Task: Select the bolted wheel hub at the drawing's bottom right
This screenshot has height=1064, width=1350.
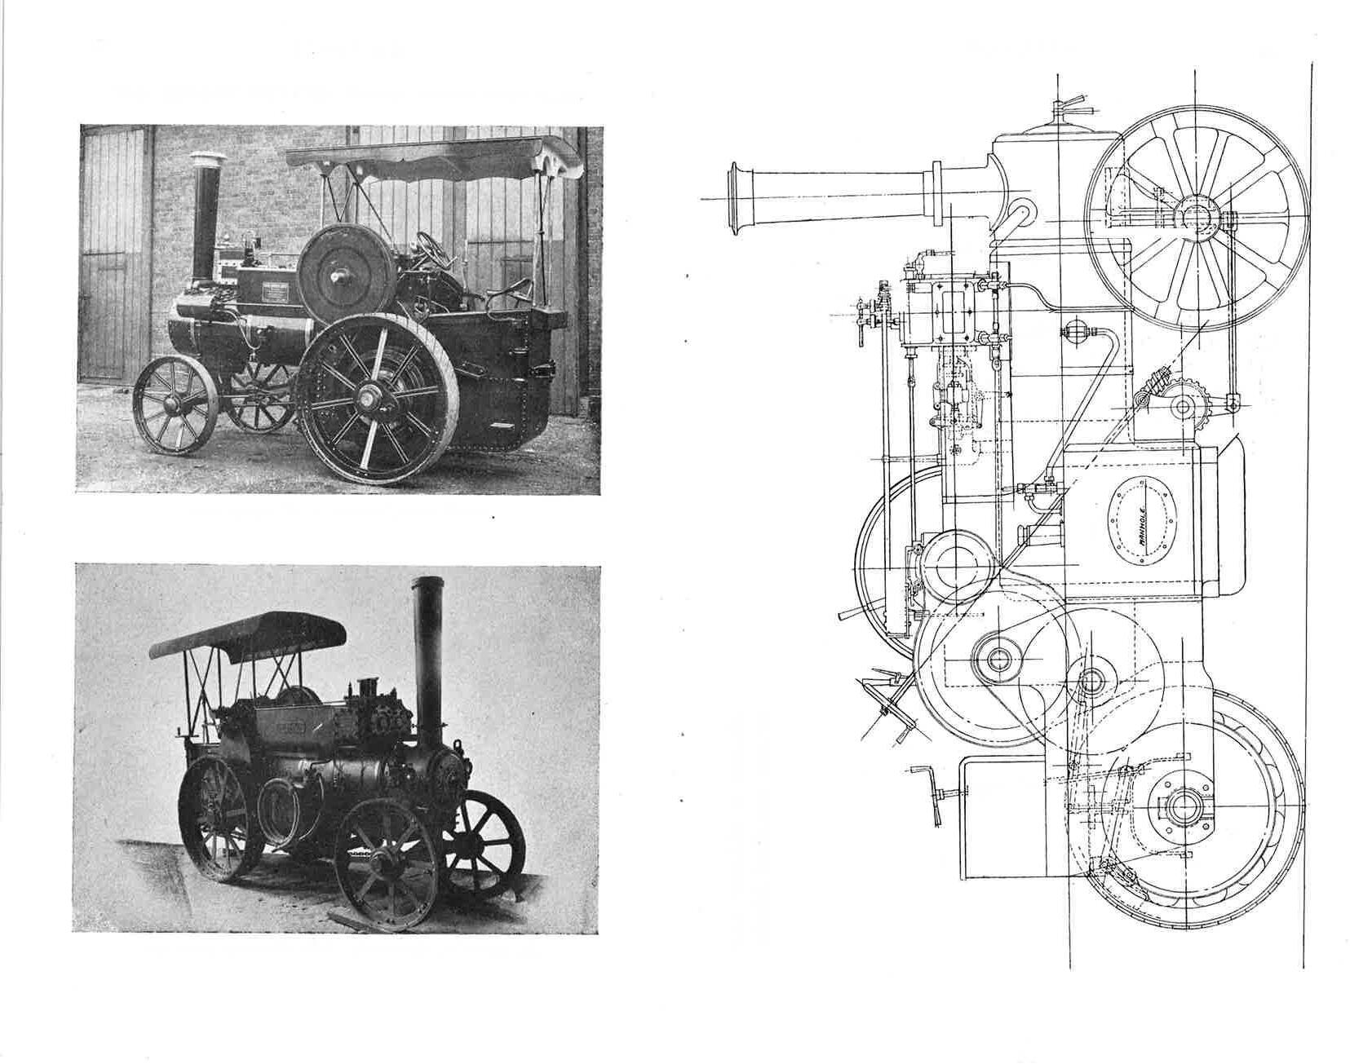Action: (x=1180, y=807)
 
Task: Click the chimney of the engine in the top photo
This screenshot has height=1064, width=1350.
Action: (x=206, y=212)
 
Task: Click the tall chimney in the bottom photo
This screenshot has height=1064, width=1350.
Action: (x=427, y=652)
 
